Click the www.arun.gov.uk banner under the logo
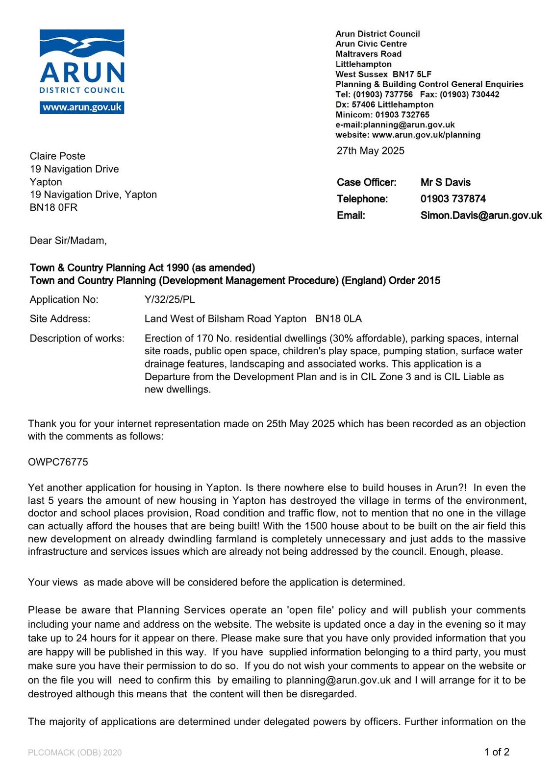tap(82, 107)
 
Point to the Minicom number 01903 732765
tap(402, 115)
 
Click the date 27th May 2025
tap(370, 150)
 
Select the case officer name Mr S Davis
tap(445, 182)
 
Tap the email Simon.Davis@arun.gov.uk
tap(481, 216)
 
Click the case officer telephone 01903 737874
tap(453, 199)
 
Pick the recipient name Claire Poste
tap(57, 156)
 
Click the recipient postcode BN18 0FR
tap(53, 207)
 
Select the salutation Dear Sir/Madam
tap(68, 241)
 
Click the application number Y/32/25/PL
tap(170, 299)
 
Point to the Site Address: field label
tap(60, 319)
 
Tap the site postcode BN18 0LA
tap(338, 319)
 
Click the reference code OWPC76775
tap(58, 462)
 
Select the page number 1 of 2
tap(497, 752)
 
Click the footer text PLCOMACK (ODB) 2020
tap(75, 753)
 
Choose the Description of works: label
tap(77, 339)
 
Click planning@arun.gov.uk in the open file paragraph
tap(338, 680)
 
